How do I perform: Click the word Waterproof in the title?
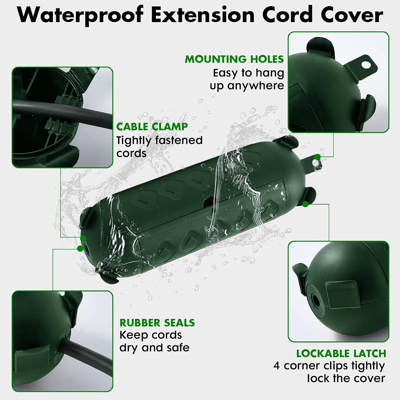[80, 15]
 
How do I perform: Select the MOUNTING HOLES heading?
[234, 59]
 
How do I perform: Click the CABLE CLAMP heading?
[152, 127]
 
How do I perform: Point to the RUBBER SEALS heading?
[157, 323]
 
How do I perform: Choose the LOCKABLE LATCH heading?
[341, 354]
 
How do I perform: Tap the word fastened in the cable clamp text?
[179, 140]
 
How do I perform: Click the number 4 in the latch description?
[277, 366]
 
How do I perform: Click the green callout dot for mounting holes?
[317, 157]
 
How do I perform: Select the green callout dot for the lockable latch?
[306, 204]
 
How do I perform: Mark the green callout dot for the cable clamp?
[83, 238]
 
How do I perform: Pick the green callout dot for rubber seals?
[80, 249]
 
